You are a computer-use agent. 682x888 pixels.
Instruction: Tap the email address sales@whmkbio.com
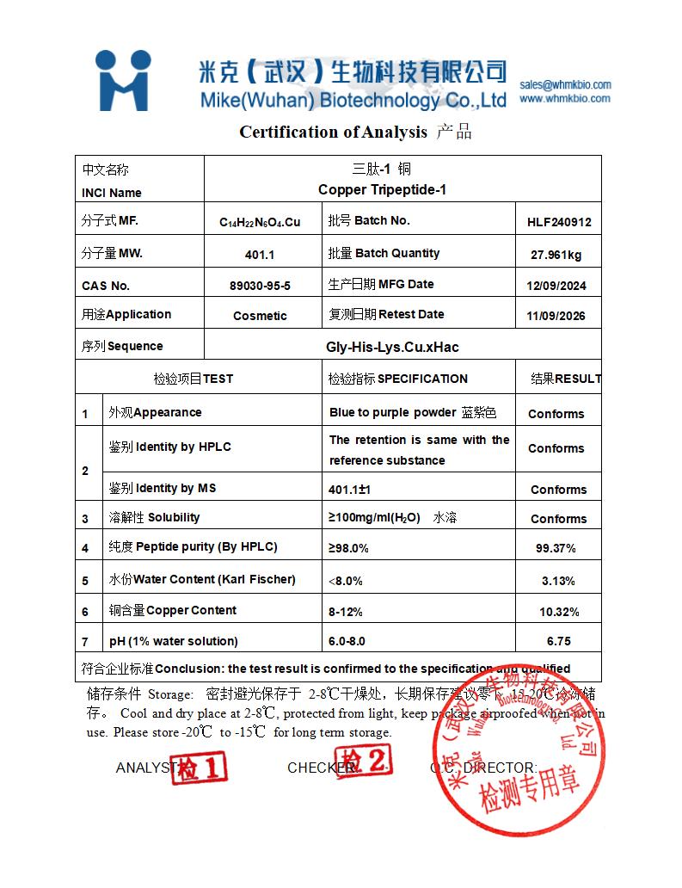point(565,84)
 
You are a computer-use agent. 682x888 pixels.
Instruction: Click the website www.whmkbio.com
point(564,98)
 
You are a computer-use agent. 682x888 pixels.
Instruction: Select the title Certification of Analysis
point(333,132)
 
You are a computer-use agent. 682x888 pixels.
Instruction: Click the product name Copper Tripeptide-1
point(382,189)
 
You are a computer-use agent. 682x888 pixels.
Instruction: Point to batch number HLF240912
point(559,221)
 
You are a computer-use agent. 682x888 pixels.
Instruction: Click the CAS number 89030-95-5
point(260,286)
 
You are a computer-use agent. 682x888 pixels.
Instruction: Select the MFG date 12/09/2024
point(556,286)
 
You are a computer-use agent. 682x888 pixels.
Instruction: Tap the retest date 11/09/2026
point(556,316)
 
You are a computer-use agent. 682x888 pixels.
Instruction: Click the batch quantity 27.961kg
point(556,255)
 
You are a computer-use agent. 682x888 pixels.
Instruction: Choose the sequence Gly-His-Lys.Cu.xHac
point(392,347)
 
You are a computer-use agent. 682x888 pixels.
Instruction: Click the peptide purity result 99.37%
point(556,548)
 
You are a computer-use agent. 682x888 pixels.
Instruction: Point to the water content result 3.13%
point(558,581)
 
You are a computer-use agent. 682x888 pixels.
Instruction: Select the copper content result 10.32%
point(559,612)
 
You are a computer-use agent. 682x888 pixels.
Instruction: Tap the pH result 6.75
point(559,642)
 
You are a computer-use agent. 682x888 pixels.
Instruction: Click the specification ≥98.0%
point(348,548)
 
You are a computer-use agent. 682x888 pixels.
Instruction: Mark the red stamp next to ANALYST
point(200,767)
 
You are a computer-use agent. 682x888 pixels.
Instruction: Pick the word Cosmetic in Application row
point(260,316)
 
